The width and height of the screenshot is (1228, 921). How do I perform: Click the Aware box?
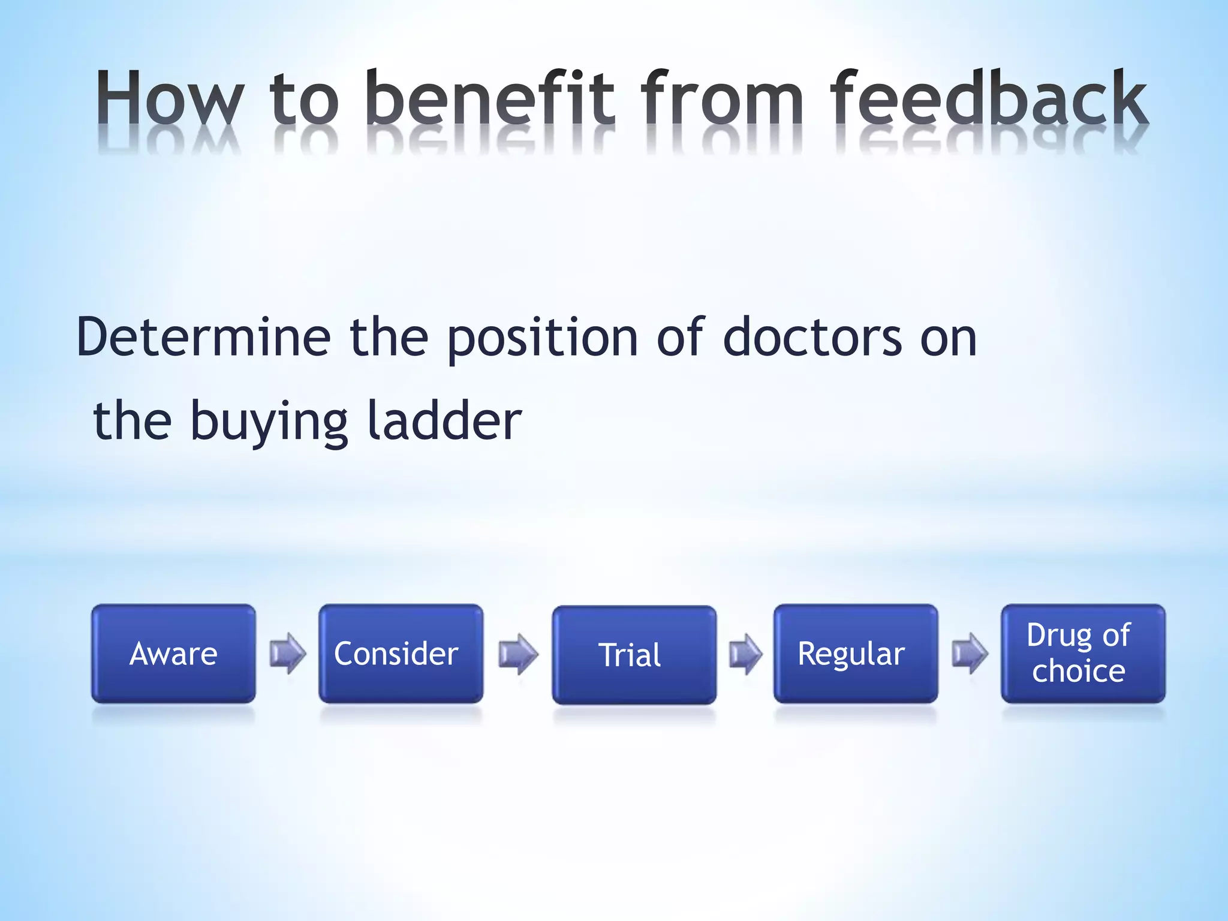point(173,653)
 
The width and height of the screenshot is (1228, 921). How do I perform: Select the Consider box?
point(401,653)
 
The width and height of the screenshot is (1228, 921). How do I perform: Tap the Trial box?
point(634,654)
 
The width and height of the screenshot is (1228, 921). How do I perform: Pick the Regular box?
point(855,653)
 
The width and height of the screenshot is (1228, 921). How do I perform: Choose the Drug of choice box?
point(1083,653)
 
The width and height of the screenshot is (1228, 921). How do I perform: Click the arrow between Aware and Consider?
point(288,653)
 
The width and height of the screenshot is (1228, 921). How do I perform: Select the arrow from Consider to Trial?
point(518,654)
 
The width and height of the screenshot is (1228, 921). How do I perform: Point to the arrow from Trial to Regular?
point(745,654)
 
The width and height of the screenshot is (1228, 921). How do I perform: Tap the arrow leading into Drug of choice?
point(970,653)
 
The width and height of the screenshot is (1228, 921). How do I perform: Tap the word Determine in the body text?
point(204,338)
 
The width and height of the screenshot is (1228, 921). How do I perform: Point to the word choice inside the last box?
point(1078,671)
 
